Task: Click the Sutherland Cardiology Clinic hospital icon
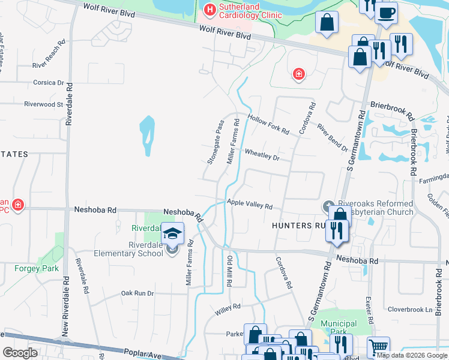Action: [209, 10]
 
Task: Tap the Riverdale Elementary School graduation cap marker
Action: [172, 235]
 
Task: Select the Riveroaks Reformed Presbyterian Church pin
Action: [328, 206]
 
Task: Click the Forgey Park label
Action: [37, 268]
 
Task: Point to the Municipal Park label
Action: [339, 328]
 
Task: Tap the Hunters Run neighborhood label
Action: [300, 225]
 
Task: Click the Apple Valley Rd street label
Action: [250, 204]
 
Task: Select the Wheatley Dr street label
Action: [262, 154]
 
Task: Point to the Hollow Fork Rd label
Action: [268, 124]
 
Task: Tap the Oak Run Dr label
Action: [137, 293]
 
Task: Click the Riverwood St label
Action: [43, 104]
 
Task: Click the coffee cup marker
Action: [386, 11]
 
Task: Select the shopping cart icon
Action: [378, 346]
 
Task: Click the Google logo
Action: [20, 352]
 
